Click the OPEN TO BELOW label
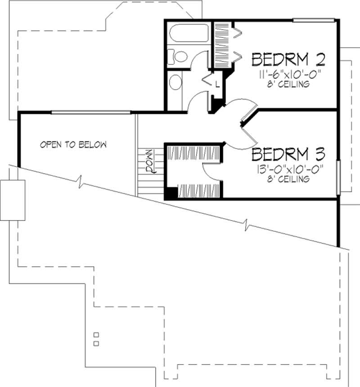click(x=73, y=145)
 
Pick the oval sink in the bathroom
click(x=176, y=83)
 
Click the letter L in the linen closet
click(x=217, y=84)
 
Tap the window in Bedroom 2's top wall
click(x=314, y=20)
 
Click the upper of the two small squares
click(x=96, y=335)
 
